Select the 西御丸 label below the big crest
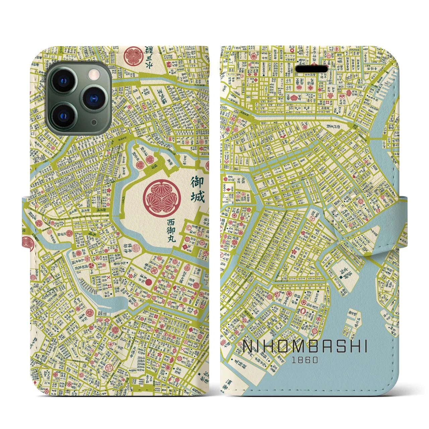pos(173,231)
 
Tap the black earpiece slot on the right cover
pos(312,69)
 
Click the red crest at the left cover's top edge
pos(132,55)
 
